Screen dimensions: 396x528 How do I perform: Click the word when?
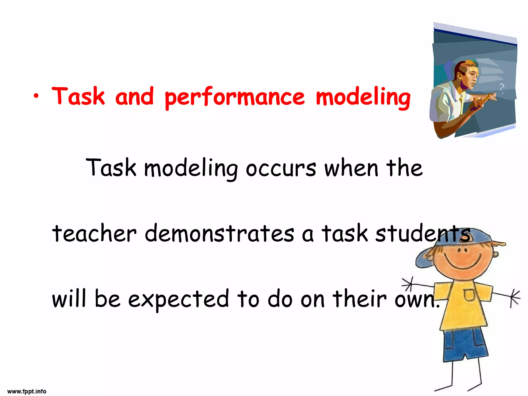coord(351,168)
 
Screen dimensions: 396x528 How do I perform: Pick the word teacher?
coord(94,233)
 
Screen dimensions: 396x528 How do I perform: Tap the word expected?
coord(178,299)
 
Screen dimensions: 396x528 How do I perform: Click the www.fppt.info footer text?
coord(27,391)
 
